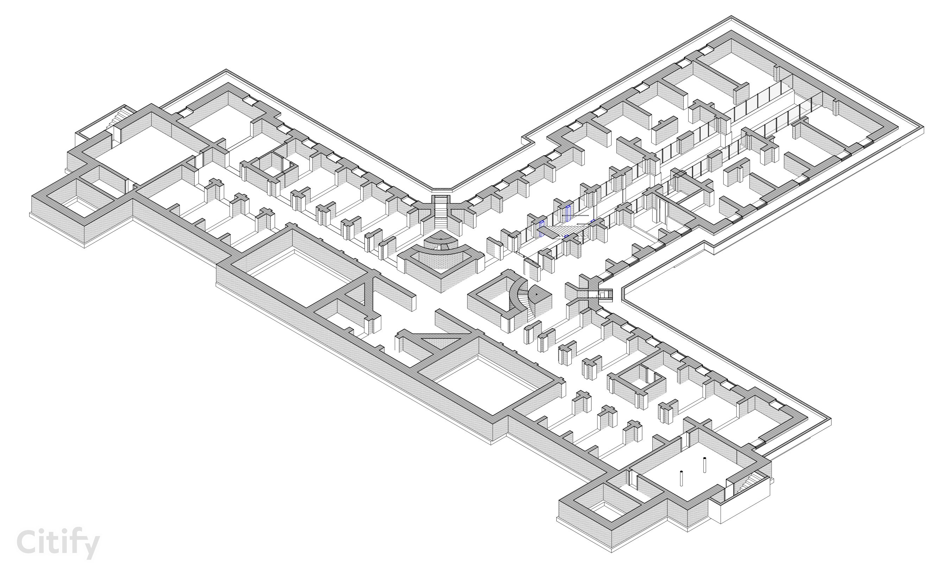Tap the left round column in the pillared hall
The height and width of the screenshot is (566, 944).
point(681,478)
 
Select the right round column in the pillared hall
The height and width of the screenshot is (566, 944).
point(704,465)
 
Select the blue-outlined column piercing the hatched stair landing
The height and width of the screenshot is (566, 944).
point(542,228)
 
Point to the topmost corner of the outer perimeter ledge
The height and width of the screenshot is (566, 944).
point(731,16)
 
